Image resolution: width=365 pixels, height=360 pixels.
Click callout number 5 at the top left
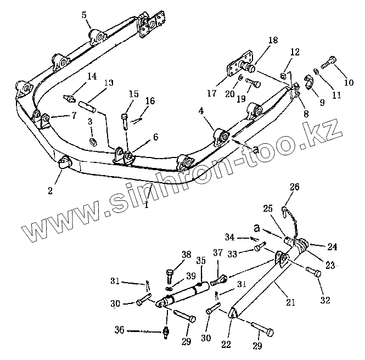tap(83, 15)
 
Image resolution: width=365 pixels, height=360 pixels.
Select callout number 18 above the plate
tap(273, 40)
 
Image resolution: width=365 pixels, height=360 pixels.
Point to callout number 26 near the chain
tap(295, 187)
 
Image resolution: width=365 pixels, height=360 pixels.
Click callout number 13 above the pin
tap(109, 82)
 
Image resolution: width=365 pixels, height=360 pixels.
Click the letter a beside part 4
tap(255, 149)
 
